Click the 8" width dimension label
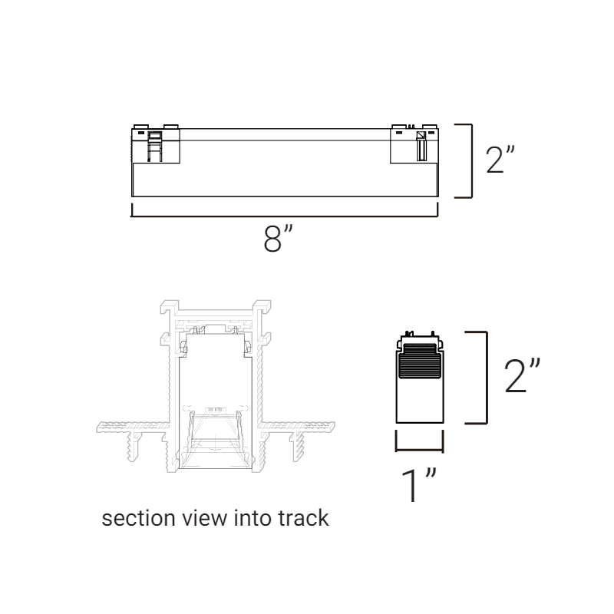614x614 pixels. [x=278, y=238]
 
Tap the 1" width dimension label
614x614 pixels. [x=418, y=485]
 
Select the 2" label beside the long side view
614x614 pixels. [x=500, y=159]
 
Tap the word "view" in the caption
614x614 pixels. [x=204, y=518]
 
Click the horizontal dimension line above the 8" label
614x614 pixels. [x=285, y=215]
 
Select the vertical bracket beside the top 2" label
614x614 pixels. [x=471, y=161]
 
